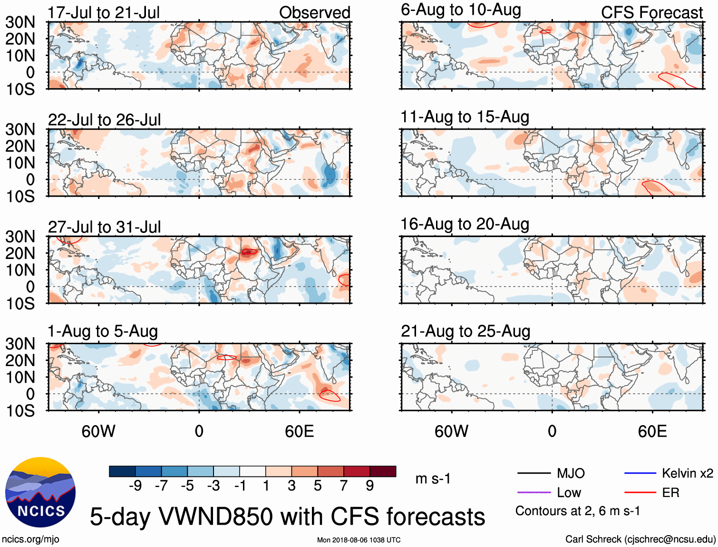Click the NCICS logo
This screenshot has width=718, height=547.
(40, 492)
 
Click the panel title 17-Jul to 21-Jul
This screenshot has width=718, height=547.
(104, 13)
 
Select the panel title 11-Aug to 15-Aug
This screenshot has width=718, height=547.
(465, 117)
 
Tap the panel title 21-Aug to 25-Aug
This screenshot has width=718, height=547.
(465, 331)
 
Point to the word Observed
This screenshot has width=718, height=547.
(314, 13)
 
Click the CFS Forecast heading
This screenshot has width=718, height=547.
(651, 13)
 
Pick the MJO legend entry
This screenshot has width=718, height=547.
(571, 473)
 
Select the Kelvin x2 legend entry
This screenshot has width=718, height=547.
(687, 473)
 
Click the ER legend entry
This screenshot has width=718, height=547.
(670, 493)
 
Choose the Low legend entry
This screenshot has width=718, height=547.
(569, 493)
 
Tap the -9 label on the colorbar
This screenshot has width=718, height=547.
(135, 486)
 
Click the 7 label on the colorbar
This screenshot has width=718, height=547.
(344, 486)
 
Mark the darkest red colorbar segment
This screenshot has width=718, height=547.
(383, 471)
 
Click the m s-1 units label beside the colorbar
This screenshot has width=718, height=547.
(433, 478)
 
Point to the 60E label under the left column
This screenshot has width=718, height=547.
(299, 431)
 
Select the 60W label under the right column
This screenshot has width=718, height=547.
(451, 431)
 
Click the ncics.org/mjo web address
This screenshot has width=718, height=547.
(30, 539)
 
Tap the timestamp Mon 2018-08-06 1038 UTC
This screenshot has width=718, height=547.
(359, 540)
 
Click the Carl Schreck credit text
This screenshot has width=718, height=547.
(640, 539)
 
